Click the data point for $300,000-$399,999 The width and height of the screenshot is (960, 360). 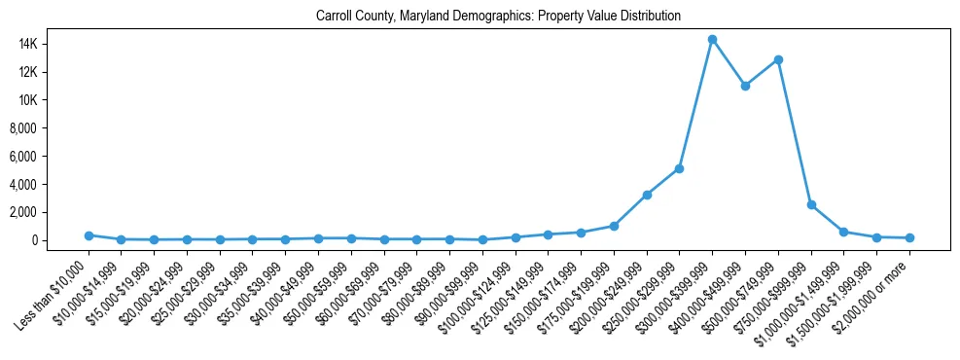(712, 40)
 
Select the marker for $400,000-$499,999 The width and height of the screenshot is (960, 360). (745, 86)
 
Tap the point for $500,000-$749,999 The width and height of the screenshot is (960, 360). (778, 59)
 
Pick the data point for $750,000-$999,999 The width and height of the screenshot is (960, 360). (811, 205)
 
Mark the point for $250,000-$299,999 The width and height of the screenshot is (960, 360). (679, 168)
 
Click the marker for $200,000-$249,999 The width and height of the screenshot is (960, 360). (647, 195)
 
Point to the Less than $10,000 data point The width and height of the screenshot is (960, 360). (89, 235)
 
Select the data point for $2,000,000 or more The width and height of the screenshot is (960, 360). (909, 237)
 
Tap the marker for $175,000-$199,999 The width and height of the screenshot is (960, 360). (614, 226)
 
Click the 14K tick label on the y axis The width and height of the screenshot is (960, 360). (52, 44)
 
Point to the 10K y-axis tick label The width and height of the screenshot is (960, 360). (52, 100)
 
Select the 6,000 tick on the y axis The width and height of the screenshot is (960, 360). (48, 157)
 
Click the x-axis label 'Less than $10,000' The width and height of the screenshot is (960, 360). (54, 283)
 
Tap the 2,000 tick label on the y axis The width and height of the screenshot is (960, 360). (48, 212)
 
